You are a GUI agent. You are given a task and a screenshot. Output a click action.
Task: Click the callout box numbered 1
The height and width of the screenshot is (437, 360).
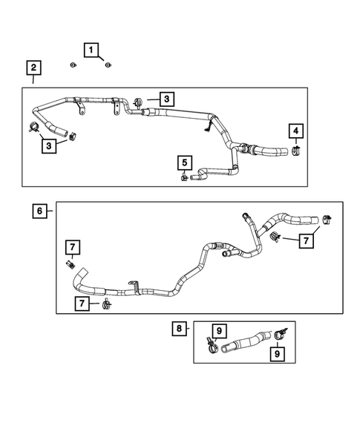(x=92, y=50)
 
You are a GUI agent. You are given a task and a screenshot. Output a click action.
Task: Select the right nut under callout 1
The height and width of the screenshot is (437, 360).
(x=107, y=66)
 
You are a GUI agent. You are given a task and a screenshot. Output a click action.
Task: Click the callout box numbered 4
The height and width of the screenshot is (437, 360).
(x=296, y=132)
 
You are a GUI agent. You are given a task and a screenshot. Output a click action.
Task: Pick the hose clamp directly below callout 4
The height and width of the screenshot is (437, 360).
(x=296, y=152)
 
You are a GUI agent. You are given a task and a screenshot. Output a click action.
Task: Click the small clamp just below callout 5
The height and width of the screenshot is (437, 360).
(x=183, y=177)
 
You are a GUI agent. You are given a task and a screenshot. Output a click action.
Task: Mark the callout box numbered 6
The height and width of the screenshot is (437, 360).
(x=39, y=211)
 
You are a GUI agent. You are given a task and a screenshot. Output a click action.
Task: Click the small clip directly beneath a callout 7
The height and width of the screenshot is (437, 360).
(x=72, y=264)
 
